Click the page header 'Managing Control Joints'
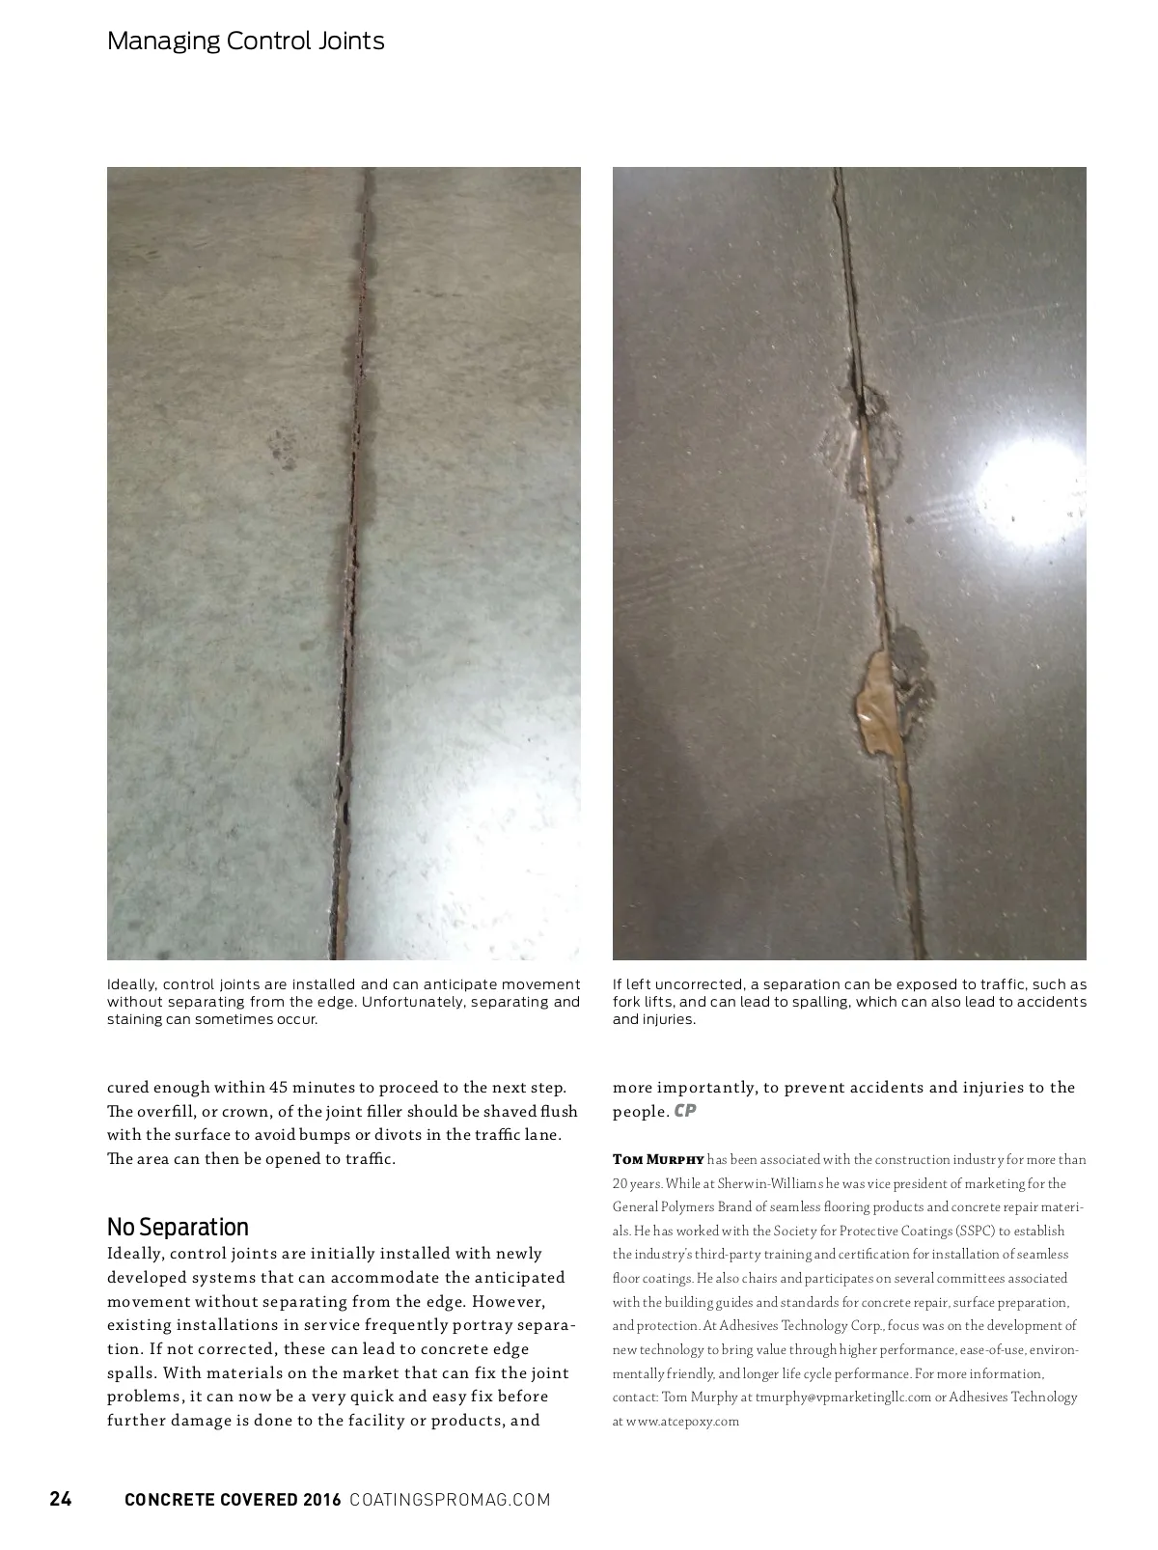[x=245, y=42]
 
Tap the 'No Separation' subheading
[x=178, y=1227]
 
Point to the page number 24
[x=61, y=1499]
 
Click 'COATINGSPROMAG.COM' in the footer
[x=450, y=1500]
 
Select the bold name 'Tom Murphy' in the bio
[x=658, y=1160]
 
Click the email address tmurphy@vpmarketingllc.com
[x=843, y=1398]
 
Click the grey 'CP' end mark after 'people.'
[x=685, y=1111]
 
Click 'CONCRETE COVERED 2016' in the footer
[x=233, y=1500]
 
